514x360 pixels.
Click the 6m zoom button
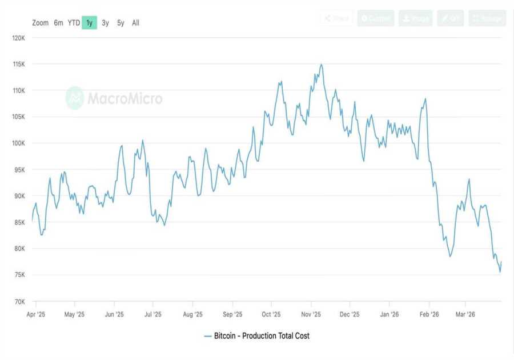click(58, 23)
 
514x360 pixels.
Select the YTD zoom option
click(74, 23)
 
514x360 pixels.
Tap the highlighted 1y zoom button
click(89, 23)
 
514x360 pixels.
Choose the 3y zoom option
click(105, 23)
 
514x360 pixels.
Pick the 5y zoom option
click(121, 23)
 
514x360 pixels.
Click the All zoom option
click(135, 23)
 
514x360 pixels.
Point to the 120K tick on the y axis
click(19, 38)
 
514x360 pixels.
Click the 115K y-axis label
click(19, 64)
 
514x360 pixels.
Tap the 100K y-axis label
click(19, 143)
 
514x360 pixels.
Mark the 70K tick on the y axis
click(19, 302)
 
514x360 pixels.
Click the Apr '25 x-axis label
click(36, 314)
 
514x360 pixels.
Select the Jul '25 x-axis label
click(153, 314)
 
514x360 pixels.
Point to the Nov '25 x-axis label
click(311, 314)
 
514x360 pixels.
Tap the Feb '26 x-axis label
click(429, 314)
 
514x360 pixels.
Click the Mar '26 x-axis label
click(465, 314)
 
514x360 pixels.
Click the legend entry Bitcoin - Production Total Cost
click(256, 336)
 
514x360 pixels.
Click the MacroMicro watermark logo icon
click(75, 98)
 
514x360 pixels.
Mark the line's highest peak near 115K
click(321, 65)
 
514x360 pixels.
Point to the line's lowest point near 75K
click(500, 271)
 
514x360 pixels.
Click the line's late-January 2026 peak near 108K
click(425, 99)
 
